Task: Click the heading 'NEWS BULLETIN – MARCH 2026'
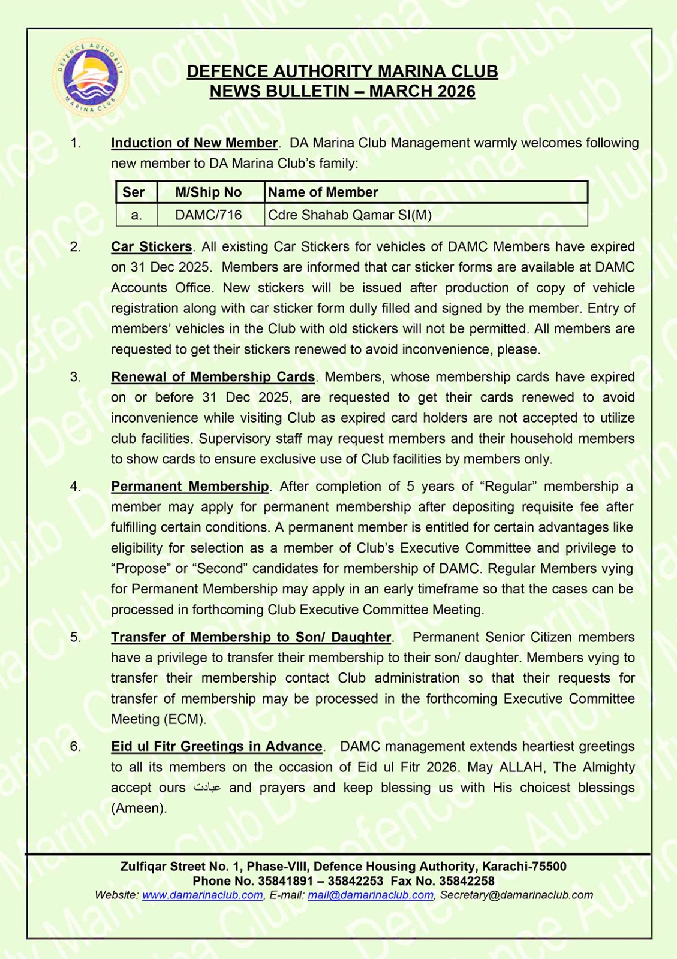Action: click(x=342, y=92)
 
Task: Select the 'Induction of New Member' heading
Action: click(x=194, y=143)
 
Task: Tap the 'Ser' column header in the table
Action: click(x=134, y=192)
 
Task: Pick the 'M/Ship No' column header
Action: click(x=208, y=192)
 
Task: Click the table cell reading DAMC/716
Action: click(x=208, y=215)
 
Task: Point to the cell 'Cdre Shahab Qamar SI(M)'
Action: click(x=350, y=215)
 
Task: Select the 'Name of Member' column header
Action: click(x=323, y=192)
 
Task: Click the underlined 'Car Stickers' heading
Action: click(x=151, y=247)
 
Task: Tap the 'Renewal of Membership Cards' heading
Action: click(x=213, y=377)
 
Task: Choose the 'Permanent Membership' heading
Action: click(x=190, y=487)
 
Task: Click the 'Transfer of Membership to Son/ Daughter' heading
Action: click(x=251, y=637)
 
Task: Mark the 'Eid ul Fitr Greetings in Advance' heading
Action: click(x=216, y=747)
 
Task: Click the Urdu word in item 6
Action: click(x=207, y=788)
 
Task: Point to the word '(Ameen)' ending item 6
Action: click(x=139, y=809)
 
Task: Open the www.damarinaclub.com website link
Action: click(x=202, y=895)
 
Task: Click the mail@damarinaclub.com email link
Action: click(x=371, y=895)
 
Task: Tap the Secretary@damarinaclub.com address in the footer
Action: click(x=516, y=895)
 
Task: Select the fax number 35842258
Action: click(x=467, y=881)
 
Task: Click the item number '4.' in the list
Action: click(x=76, y=487)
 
